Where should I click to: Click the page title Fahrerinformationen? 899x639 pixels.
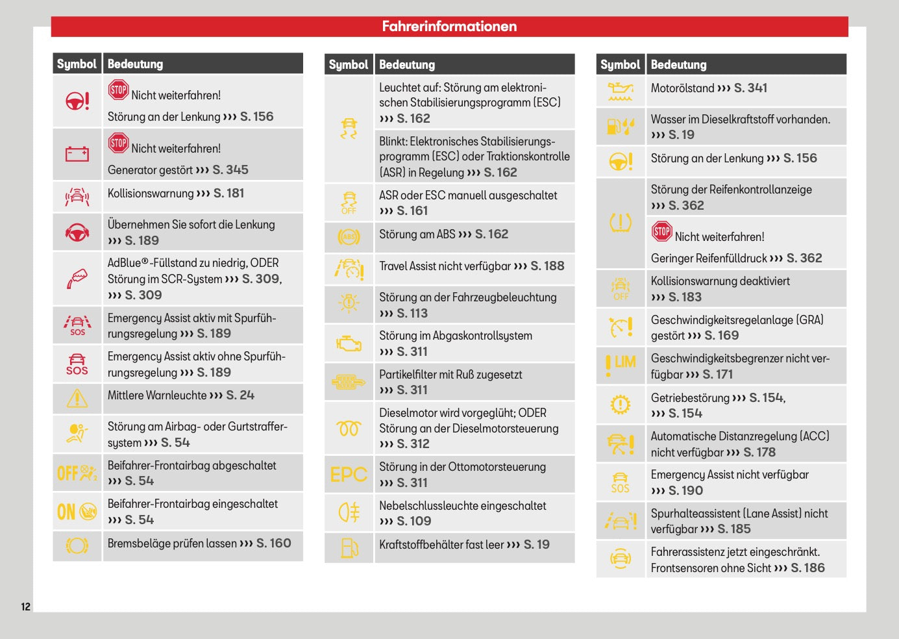(449, 27)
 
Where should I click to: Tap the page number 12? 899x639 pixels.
(26, 607)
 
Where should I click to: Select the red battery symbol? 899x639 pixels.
(77, 154)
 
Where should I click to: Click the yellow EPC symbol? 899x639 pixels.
(349, 475)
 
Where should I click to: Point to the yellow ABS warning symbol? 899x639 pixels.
(349, 237)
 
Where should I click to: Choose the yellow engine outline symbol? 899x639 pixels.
(349, 344)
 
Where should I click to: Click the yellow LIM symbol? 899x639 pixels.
(621, 366)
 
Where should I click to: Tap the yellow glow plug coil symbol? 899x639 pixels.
(349, 429)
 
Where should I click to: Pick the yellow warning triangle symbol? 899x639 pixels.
(77, 399)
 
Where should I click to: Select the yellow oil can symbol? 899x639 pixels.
(621, 92)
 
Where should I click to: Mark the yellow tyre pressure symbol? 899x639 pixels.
(621, 223)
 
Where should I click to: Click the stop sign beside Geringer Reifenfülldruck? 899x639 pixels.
(662, 231)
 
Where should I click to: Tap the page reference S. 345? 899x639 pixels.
(230, 170)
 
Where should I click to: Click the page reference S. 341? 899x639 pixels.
(750, 88)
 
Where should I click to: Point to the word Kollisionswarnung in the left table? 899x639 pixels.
(151, 194)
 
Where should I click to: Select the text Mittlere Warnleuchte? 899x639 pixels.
(157, 395)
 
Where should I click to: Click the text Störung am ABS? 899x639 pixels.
(417, 234)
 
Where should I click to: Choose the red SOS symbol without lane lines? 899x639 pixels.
(77, 364)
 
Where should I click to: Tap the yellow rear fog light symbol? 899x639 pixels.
(349, 512)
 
